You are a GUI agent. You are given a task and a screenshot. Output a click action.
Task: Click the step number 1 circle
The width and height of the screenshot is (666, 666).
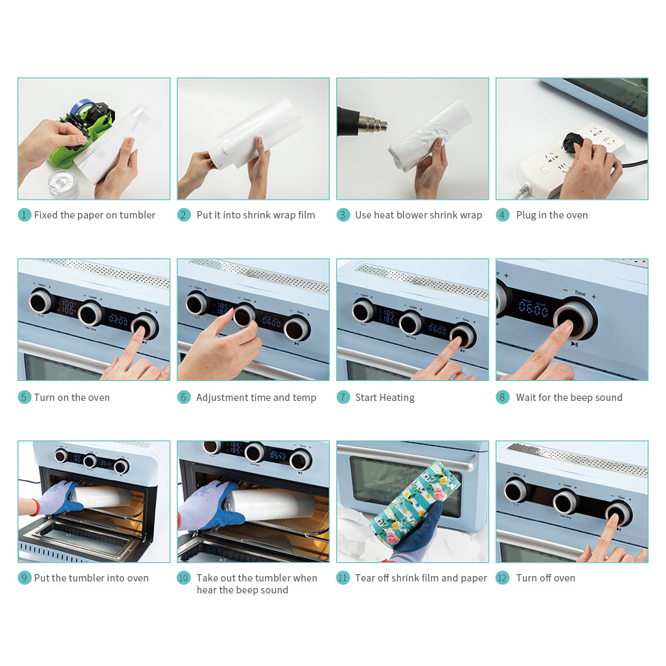coord(25,215)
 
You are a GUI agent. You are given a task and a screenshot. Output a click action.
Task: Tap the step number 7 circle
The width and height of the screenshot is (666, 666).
coord(343,398)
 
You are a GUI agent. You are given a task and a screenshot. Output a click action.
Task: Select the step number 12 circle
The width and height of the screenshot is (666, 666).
coord(503,578)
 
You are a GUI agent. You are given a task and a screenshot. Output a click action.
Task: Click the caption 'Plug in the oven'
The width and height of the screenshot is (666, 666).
coord(551,215)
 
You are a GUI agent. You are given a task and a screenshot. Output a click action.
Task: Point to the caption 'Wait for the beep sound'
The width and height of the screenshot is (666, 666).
coord(569,398)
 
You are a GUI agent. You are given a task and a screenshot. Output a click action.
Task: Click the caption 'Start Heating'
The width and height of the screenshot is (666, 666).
coord(384,398)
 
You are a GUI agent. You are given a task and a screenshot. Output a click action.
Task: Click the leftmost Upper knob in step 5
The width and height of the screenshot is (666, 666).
coord(41,302)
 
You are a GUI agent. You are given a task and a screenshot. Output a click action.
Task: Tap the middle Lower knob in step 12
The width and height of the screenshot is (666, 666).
coord(565,501)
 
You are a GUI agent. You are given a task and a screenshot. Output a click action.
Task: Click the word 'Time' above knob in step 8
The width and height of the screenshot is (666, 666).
coord(580,293)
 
